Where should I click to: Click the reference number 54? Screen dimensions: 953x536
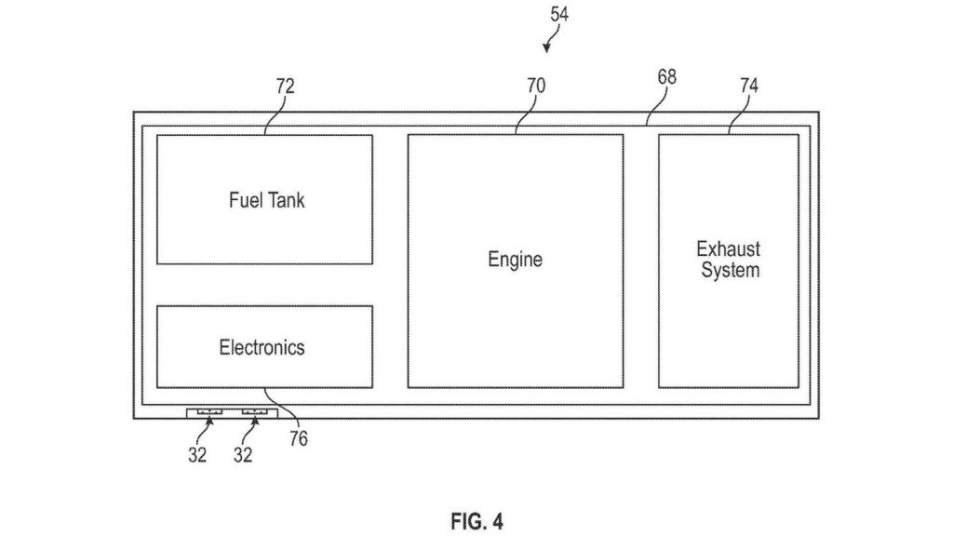click(559, 14)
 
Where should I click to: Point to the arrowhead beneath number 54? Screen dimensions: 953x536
click(546, 48)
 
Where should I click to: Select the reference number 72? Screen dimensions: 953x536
click(285, 87)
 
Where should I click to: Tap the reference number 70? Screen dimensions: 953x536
click(536, 86)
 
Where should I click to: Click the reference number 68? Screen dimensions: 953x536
click(666, 77)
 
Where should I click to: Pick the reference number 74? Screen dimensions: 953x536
click(749, 86)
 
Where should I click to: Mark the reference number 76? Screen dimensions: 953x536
click(299, 438)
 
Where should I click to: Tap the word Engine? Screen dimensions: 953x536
click(515, 260)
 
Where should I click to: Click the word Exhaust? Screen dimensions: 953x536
click(728, 249)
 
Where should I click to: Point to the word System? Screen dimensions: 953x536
click(730, 270)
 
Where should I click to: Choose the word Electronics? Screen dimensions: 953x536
click(262, 347)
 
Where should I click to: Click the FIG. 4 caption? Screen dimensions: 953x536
click(477, 521)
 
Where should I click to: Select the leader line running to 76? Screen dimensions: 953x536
click(282, 409)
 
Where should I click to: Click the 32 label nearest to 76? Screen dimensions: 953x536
click(243, 454)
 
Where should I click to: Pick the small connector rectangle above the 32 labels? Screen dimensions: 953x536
click(232, 413)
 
